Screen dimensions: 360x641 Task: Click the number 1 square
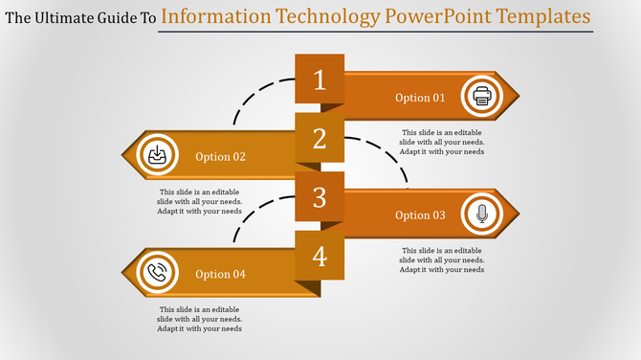[x=320, y=79]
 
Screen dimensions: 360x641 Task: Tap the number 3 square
[x=320, y=197]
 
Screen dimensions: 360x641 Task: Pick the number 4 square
[x=320, y=257]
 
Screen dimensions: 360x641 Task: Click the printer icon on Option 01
[x=481, y=97]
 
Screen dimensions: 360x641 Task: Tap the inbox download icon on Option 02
[x=156, y=156]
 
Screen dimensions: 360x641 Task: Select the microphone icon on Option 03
[x=481, y=214]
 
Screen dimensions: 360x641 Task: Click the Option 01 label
[x=420, y=98]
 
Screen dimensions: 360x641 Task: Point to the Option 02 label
[x=220, y=157]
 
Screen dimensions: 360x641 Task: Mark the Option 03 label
[x=420, y=215]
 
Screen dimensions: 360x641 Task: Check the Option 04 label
[x=220, y=275]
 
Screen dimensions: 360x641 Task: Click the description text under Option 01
[x=442, y=142]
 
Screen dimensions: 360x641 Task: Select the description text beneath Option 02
[x=200, y=202]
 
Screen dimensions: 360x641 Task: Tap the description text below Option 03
[x=442, y=259]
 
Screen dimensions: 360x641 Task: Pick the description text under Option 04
[x=200, y=319]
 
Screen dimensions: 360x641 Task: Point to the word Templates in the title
[x=537, y=16]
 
